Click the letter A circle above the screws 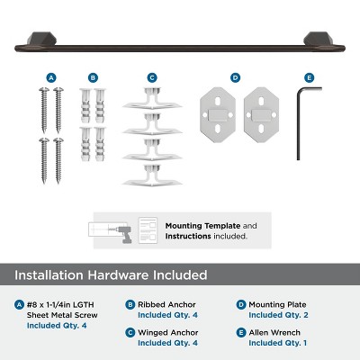click(x=51, y=77)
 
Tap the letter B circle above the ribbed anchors click(x=94, y=77)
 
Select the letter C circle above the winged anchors click(x=152, y=77)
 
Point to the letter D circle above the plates click(x=235, y=77)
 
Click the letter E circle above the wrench click(x=310, y=77)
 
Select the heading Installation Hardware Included click(x=111, y=274)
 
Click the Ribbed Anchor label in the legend click(x=168, y=304)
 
